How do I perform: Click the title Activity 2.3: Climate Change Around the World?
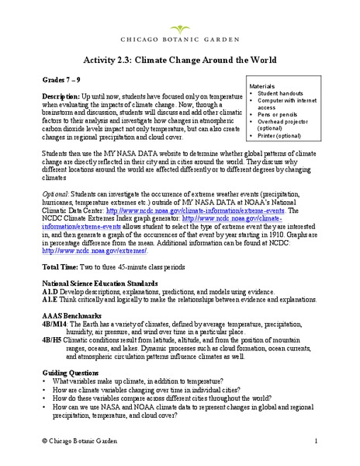click(180, 61)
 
